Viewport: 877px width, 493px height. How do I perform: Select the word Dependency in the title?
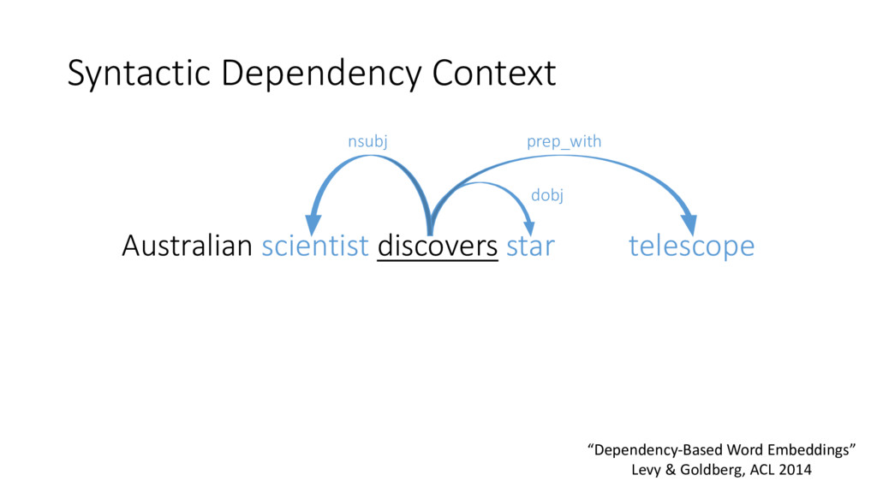pos(322,74)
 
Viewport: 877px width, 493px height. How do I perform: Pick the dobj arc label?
pos(547,195)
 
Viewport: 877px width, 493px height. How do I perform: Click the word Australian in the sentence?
pos(187,246)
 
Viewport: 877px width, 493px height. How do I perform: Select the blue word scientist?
pos(315,246)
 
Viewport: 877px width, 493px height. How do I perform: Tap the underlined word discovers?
pos(438,246)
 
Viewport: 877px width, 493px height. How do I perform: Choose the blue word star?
pos(530,246)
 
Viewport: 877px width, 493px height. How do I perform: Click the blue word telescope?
pos(691,246)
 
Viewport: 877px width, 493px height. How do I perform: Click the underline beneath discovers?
pos(438,261)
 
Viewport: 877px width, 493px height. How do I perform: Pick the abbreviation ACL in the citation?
pos(762,470)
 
